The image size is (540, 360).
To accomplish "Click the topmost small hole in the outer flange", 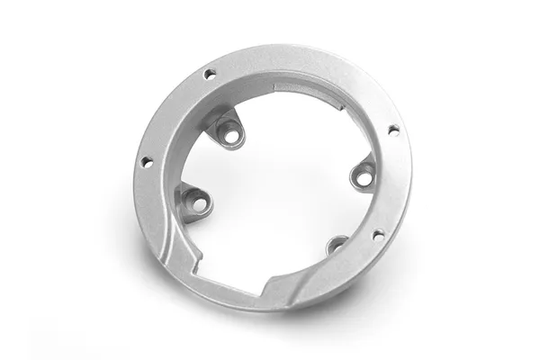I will [210, 74].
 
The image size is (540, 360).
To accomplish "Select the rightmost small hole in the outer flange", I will [392, 130].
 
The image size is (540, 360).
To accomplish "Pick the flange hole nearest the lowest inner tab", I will [378, 235].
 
